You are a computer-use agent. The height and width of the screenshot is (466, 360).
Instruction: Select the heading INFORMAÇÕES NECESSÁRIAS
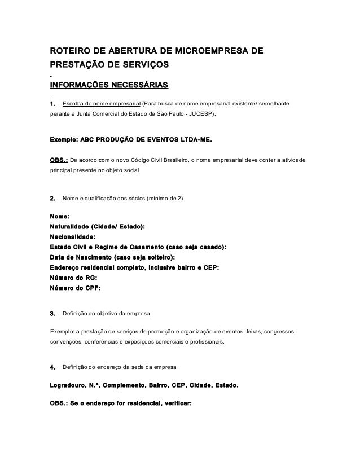pos(109,86)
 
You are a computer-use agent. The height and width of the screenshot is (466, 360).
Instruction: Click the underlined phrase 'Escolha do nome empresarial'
pos(102,104)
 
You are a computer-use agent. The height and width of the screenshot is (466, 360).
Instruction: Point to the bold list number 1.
pos(53,104)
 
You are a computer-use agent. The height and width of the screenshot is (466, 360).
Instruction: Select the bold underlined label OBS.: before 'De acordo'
pos(59,161)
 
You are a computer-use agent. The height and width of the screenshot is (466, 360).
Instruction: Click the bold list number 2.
pos(53,199)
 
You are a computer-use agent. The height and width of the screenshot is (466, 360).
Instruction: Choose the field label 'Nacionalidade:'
pos(73,237)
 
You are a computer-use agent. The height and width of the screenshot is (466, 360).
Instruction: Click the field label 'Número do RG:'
pos(73,278)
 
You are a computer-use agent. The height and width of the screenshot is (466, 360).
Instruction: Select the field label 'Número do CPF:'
pos(76,288)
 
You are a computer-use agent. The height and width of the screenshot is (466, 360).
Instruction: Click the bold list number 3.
pos(53,313)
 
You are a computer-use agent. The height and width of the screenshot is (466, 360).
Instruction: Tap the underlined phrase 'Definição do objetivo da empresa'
pos(106,313)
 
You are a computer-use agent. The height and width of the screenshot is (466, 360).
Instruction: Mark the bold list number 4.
pos(53,367)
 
